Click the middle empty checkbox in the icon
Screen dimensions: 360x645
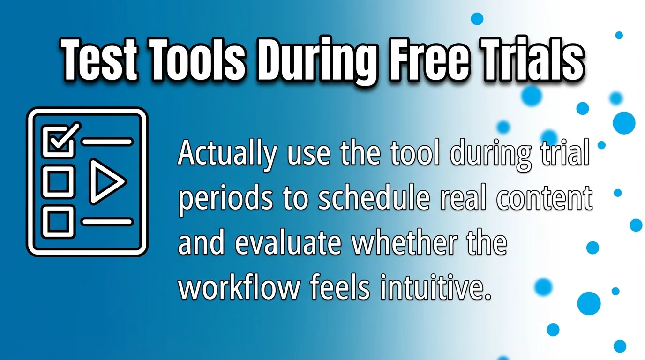click(58, 180)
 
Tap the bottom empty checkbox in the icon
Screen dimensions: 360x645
click(58, 221)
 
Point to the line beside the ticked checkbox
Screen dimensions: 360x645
click(107, 141)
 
